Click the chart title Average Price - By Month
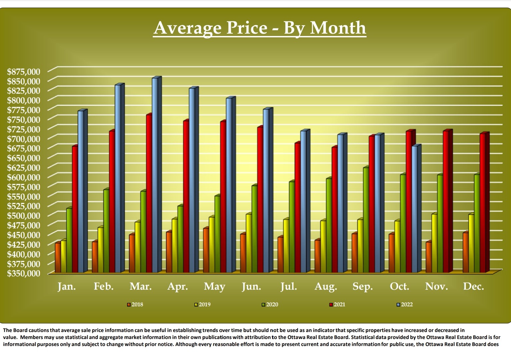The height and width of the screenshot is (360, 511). pos(260,28)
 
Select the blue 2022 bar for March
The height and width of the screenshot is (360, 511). pos(155,177)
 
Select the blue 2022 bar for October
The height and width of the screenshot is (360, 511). pos(415,210)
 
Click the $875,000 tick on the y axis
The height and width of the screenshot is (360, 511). pos(24,71)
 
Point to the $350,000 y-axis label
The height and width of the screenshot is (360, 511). pos(24,273)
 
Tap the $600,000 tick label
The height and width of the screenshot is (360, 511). pos(24,177)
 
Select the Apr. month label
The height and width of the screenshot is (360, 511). pos(177,286)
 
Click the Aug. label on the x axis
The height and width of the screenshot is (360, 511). pos(326,286)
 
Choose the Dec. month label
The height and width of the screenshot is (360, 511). pos(473,286)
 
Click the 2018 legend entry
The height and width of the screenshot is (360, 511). pos(135,304)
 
